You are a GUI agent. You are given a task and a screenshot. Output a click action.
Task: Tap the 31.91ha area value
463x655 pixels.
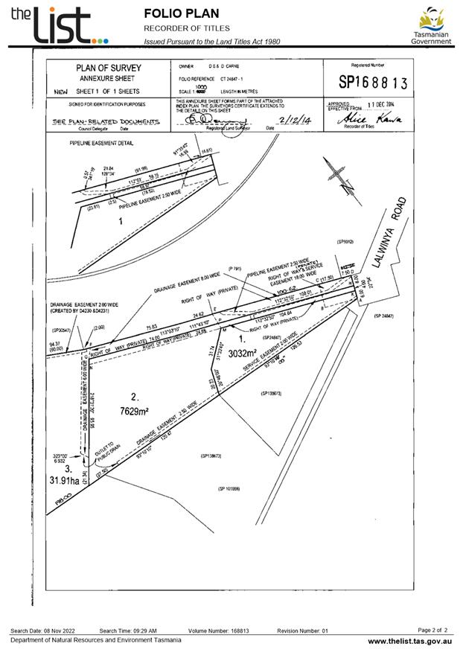[66, 481]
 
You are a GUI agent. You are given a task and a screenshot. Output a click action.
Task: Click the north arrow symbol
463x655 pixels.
[339, 179]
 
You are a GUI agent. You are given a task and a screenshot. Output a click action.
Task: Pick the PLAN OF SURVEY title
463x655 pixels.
[109, 68]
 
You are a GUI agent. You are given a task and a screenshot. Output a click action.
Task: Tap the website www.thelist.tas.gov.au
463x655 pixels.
[409, 641]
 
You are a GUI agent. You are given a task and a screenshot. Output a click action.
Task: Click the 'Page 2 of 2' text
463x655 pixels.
[433, 630]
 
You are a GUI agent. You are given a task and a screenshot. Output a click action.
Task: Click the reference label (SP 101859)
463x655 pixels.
[229, 489]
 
